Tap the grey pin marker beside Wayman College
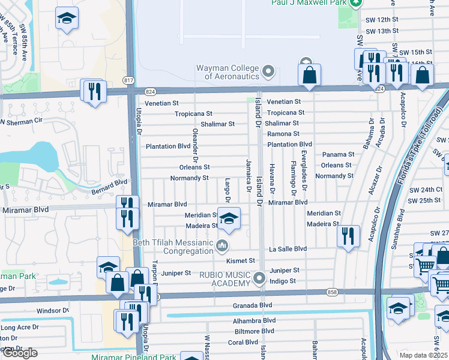click(268, 73)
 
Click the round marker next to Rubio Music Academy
click(259, 278)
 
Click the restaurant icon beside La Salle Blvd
click(348, 236)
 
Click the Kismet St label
click(241, 261)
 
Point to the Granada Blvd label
click(253, 305)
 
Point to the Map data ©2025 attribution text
click(424, 355)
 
